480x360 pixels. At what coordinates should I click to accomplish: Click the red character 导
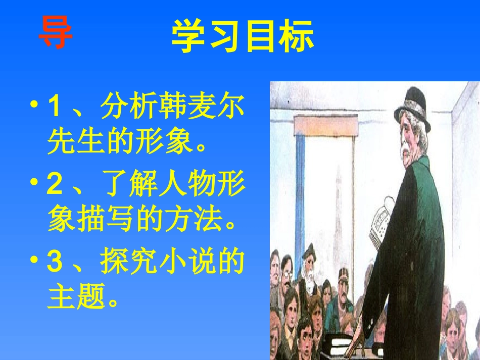tap(56, 34)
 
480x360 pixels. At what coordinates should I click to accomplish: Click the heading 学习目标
tap(243, 37)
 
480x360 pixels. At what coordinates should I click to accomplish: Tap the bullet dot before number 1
tap(35, 106)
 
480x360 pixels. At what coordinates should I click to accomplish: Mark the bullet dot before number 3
tap(35, 261)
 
